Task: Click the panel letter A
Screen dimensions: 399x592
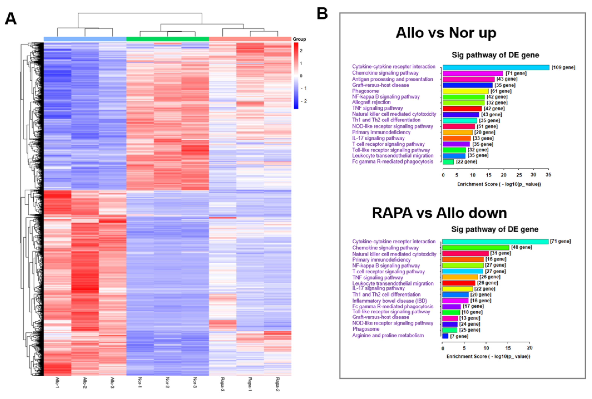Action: click(11, 19)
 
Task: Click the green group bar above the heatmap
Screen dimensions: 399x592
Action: click(168, 39)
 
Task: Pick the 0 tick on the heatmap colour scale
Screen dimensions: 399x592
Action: click(301, 76)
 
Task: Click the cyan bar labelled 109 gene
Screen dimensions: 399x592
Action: click(496, 67)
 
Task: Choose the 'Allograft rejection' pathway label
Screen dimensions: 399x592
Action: click(371, 102)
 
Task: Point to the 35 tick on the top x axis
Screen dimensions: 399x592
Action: click(548, 175)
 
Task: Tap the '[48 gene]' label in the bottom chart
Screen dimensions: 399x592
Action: click(521, 247)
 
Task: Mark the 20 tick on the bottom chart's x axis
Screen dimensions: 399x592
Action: click(530, 348)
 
